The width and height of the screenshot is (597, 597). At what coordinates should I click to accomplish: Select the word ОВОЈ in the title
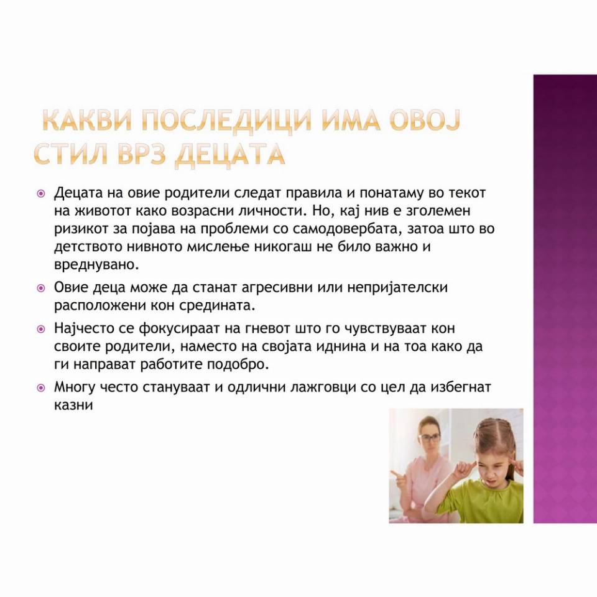coord(423,120)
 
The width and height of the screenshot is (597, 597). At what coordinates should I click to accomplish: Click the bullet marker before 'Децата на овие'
coord(41,193)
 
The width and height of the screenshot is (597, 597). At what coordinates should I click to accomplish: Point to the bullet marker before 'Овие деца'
coord(41,288)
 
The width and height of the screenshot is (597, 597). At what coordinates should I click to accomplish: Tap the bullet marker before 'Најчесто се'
coord(41,329)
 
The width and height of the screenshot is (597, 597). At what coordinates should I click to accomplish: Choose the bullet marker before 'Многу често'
coord(41,388)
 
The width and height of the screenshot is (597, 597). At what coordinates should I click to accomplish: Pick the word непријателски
coord(397,288)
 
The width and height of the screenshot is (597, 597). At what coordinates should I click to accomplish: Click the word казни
coord(73,405)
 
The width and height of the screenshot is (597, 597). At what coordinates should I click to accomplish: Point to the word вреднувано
coord(97,265)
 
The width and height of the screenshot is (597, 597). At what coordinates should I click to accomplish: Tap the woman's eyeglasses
coord(430,438)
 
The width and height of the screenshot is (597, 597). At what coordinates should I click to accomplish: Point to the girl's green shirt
coord(481,502)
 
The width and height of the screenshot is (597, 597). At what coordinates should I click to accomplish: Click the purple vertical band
coord(565,299)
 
